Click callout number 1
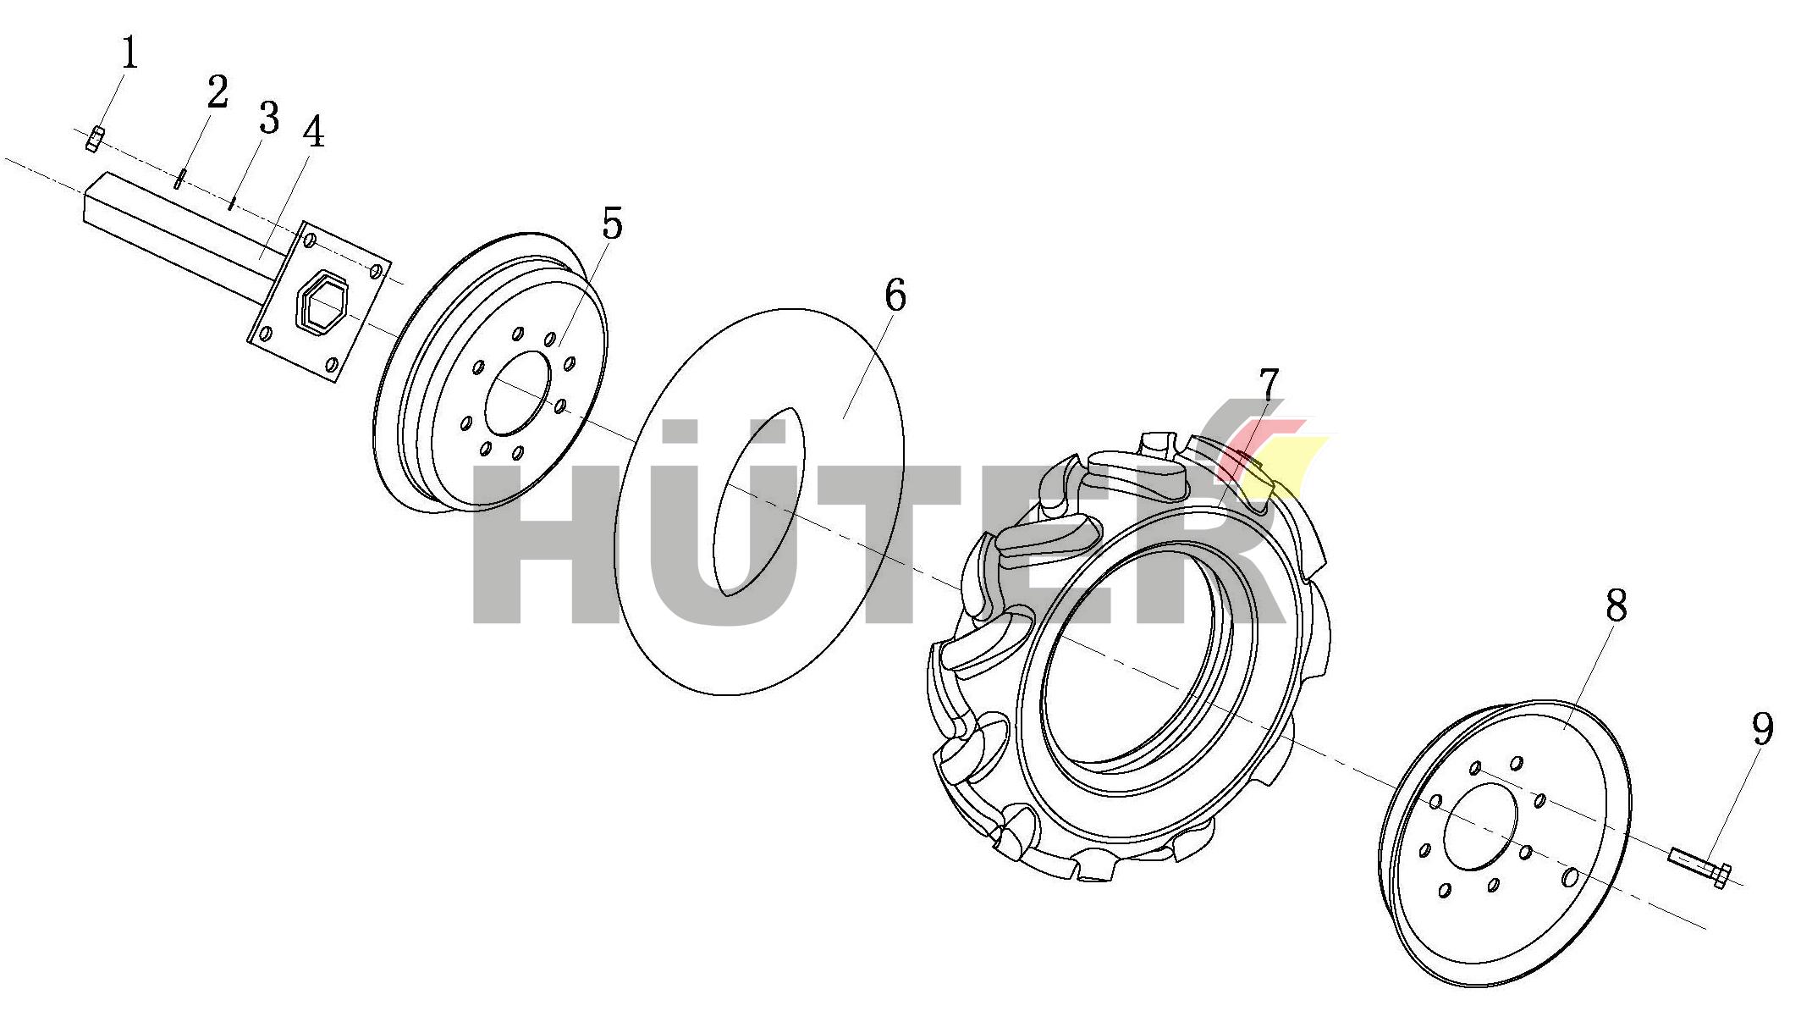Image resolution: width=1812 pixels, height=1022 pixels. pos(129,53)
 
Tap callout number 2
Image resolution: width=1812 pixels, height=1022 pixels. pos(218,91)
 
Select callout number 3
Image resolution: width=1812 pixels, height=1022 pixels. pos(269,118)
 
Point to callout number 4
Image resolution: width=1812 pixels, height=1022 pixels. pos(314,132)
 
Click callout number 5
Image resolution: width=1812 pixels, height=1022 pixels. pos(612,224)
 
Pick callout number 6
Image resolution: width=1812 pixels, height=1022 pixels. pos(895,296)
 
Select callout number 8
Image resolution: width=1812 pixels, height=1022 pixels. pos(1616,605)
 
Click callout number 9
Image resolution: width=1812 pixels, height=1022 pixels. pos(1762,728)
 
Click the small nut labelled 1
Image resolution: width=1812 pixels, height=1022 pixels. pos(95,139)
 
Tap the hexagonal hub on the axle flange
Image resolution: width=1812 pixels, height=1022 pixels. pos(321,303)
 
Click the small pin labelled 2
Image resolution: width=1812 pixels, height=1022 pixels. pos(179,179)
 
